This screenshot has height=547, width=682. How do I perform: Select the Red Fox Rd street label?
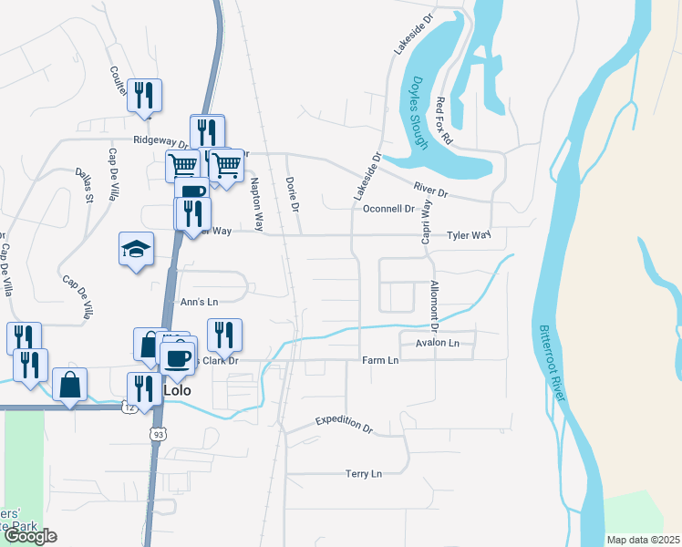[x=443, y=121]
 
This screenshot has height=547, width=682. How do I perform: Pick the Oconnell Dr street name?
[x=388, y=209]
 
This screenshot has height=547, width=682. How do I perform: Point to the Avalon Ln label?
[x=438, y=344]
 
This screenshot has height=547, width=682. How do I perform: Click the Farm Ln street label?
[x=380, y=360]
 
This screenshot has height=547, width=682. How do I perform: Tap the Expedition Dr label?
[x=345, y=423]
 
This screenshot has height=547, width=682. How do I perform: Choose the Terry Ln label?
[x=363, y=473]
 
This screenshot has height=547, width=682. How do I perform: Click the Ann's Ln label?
[x=200, y=302]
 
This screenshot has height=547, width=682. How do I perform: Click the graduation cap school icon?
[x=136, y=249]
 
